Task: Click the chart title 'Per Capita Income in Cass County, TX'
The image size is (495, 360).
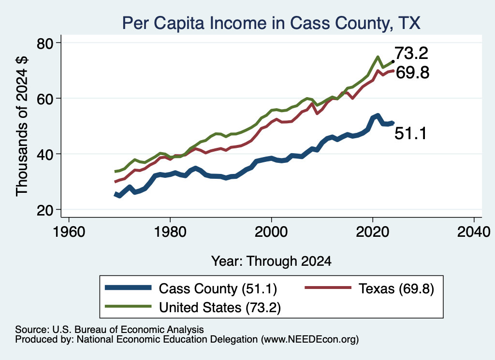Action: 271,23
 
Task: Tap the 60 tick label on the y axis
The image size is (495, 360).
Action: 45,99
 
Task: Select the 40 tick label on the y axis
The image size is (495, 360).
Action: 45,154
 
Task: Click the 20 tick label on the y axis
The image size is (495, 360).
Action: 45,210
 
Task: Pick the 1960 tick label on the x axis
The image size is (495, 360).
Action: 69,232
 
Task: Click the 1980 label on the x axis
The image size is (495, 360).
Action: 170,232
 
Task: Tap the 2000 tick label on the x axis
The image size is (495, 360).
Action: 271,232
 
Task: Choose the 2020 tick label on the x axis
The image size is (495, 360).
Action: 373,232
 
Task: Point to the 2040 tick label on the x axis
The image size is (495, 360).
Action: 474,232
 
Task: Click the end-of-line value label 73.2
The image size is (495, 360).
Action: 411,53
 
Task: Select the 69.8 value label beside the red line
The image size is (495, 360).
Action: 412,72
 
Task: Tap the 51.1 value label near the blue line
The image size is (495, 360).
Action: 411,133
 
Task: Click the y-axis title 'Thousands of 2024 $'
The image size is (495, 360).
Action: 22,127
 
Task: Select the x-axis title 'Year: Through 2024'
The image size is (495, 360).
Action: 271,261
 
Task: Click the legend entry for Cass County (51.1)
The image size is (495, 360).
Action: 191,288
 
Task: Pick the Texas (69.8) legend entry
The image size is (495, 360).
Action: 369,288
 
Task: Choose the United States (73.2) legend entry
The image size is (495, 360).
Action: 193,307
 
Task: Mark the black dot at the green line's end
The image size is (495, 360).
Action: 393,61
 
